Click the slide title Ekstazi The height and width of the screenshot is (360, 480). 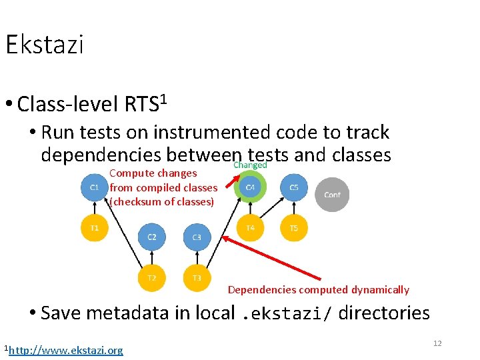pos(44,45)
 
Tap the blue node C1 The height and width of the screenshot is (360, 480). pos(94,187)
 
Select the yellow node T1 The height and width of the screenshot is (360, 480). pos(94,228)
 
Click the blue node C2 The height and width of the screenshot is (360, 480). pos(152,237)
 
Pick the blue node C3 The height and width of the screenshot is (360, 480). pos(197,237)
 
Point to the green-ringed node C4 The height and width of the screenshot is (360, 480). pos(250,187)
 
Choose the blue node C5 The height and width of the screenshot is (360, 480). pos(294,187)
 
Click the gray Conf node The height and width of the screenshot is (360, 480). pos(332,195)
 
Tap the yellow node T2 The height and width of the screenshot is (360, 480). pos(152,278)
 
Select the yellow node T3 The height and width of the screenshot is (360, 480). pos(197,278)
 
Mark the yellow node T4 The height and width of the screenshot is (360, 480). pos(250,228)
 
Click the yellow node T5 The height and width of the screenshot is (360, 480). pos(294,228)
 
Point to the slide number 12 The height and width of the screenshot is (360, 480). pos(437,343)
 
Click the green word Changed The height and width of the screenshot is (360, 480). pos(250,165)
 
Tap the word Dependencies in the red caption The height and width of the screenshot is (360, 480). pos(261,290)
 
